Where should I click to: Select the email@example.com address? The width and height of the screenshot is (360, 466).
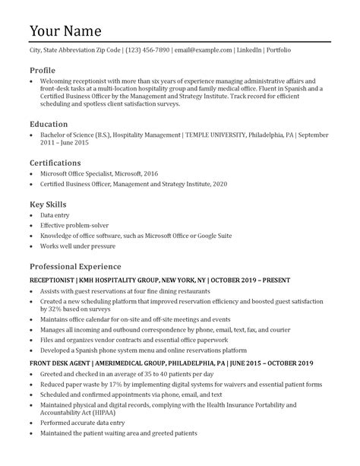[x=203, y=50]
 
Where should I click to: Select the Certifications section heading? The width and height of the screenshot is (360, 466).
[x=55, y=163]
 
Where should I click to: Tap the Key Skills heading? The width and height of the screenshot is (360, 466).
[x=48, y=204]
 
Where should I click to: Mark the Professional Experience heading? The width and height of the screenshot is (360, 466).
[x=75, y=267]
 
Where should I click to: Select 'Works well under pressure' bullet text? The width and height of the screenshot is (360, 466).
[x=78, y=247]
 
